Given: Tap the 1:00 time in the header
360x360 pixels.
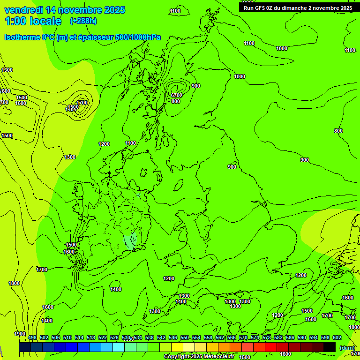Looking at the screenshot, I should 15,21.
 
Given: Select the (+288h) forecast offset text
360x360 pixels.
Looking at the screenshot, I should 83,21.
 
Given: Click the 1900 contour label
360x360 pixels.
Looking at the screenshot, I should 20,334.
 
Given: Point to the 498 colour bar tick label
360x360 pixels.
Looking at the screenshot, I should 32,338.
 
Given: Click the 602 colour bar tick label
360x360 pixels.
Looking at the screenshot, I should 337,338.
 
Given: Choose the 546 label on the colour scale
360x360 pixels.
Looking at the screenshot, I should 173,338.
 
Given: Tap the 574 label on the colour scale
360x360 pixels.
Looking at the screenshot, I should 255,338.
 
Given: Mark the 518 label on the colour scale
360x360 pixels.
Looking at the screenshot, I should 91,338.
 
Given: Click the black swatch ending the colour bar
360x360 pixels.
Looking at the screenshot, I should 330,347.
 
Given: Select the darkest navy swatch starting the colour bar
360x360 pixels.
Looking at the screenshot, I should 25,347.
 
